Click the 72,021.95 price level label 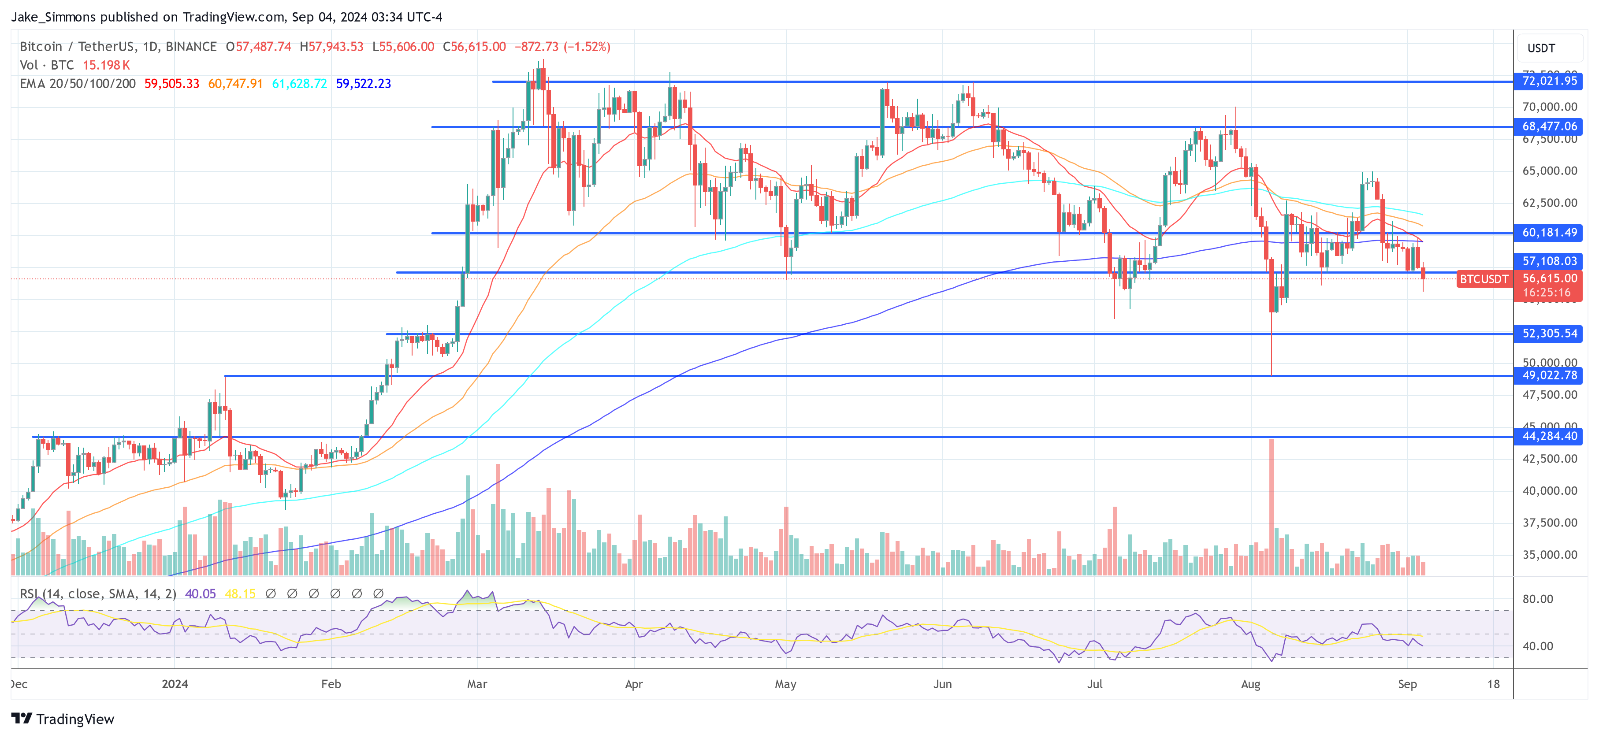tap(1549, 82)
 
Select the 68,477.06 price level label tap(1549, 126)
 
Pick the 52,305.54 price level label tap(1549, 334)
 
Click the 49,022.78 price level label tap(1549, 375)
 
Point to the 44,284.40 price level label tap(1549, 436)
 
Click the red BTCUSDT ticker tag tap(1483, 279)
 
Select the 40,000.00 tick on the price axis tap(1549, 491)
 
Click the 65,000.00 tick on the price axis tap(1549, 171)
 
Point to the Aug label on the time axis tap(1250, 684)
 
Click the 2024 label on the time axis tap(175, 684)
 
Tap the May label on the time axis tap(785, 684)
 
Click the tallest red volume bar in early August tap(1271, 506)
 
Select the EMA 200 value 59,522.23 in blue tap(363, 84)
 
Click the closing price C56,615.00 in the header tap(474, 47)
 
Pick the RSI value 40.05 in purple tap(201, 594)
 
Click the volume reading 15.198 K tap(106, 65)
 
